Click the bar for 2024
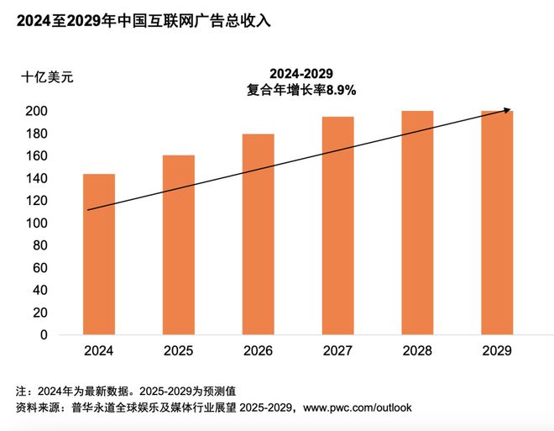point(99,255)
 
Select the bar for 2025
point(178,245)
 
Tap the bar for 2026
point(258,234)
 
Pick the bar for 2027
point(337,226)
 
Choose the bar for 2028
point(417,223)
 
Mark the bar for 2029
point(497,223)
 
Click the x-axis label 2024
point(99,350)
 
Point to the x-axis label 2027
point(337,350)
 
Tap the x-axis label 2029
point(497,350)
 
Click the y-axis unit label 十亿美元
point(48,77)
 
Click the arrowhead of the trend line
point(506,110)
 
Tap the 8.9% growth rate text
point(342,90)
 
